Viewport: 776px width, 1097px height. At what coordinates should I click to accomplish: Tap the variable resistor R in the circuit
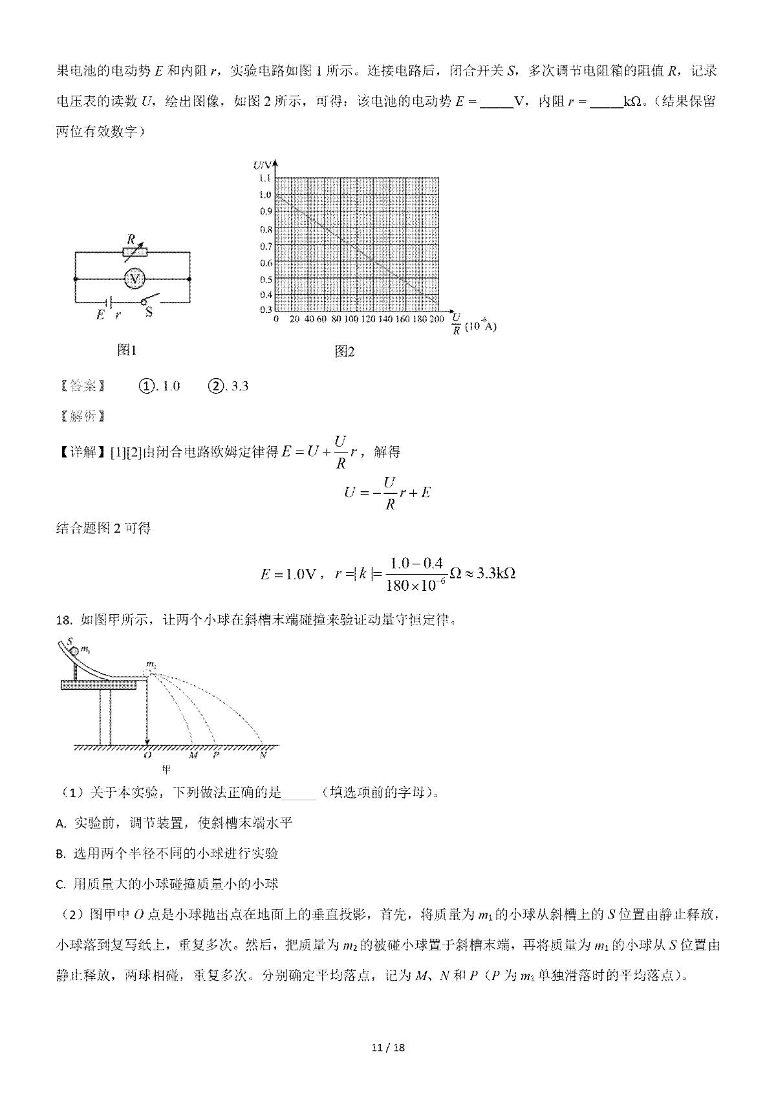[135, 252]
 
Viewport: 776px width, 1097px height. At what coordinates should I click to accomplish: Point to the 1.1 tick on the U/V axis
[264, 178]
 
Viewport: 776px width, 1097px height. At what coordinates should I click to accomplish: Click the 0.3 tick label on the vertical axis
[264, 310]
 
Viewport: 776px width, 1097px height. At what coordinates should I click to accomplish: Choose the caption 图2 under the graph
[345, 352]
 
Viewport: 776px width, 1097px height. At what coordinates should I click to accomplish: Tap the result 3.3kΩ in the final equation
[495, 573]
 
